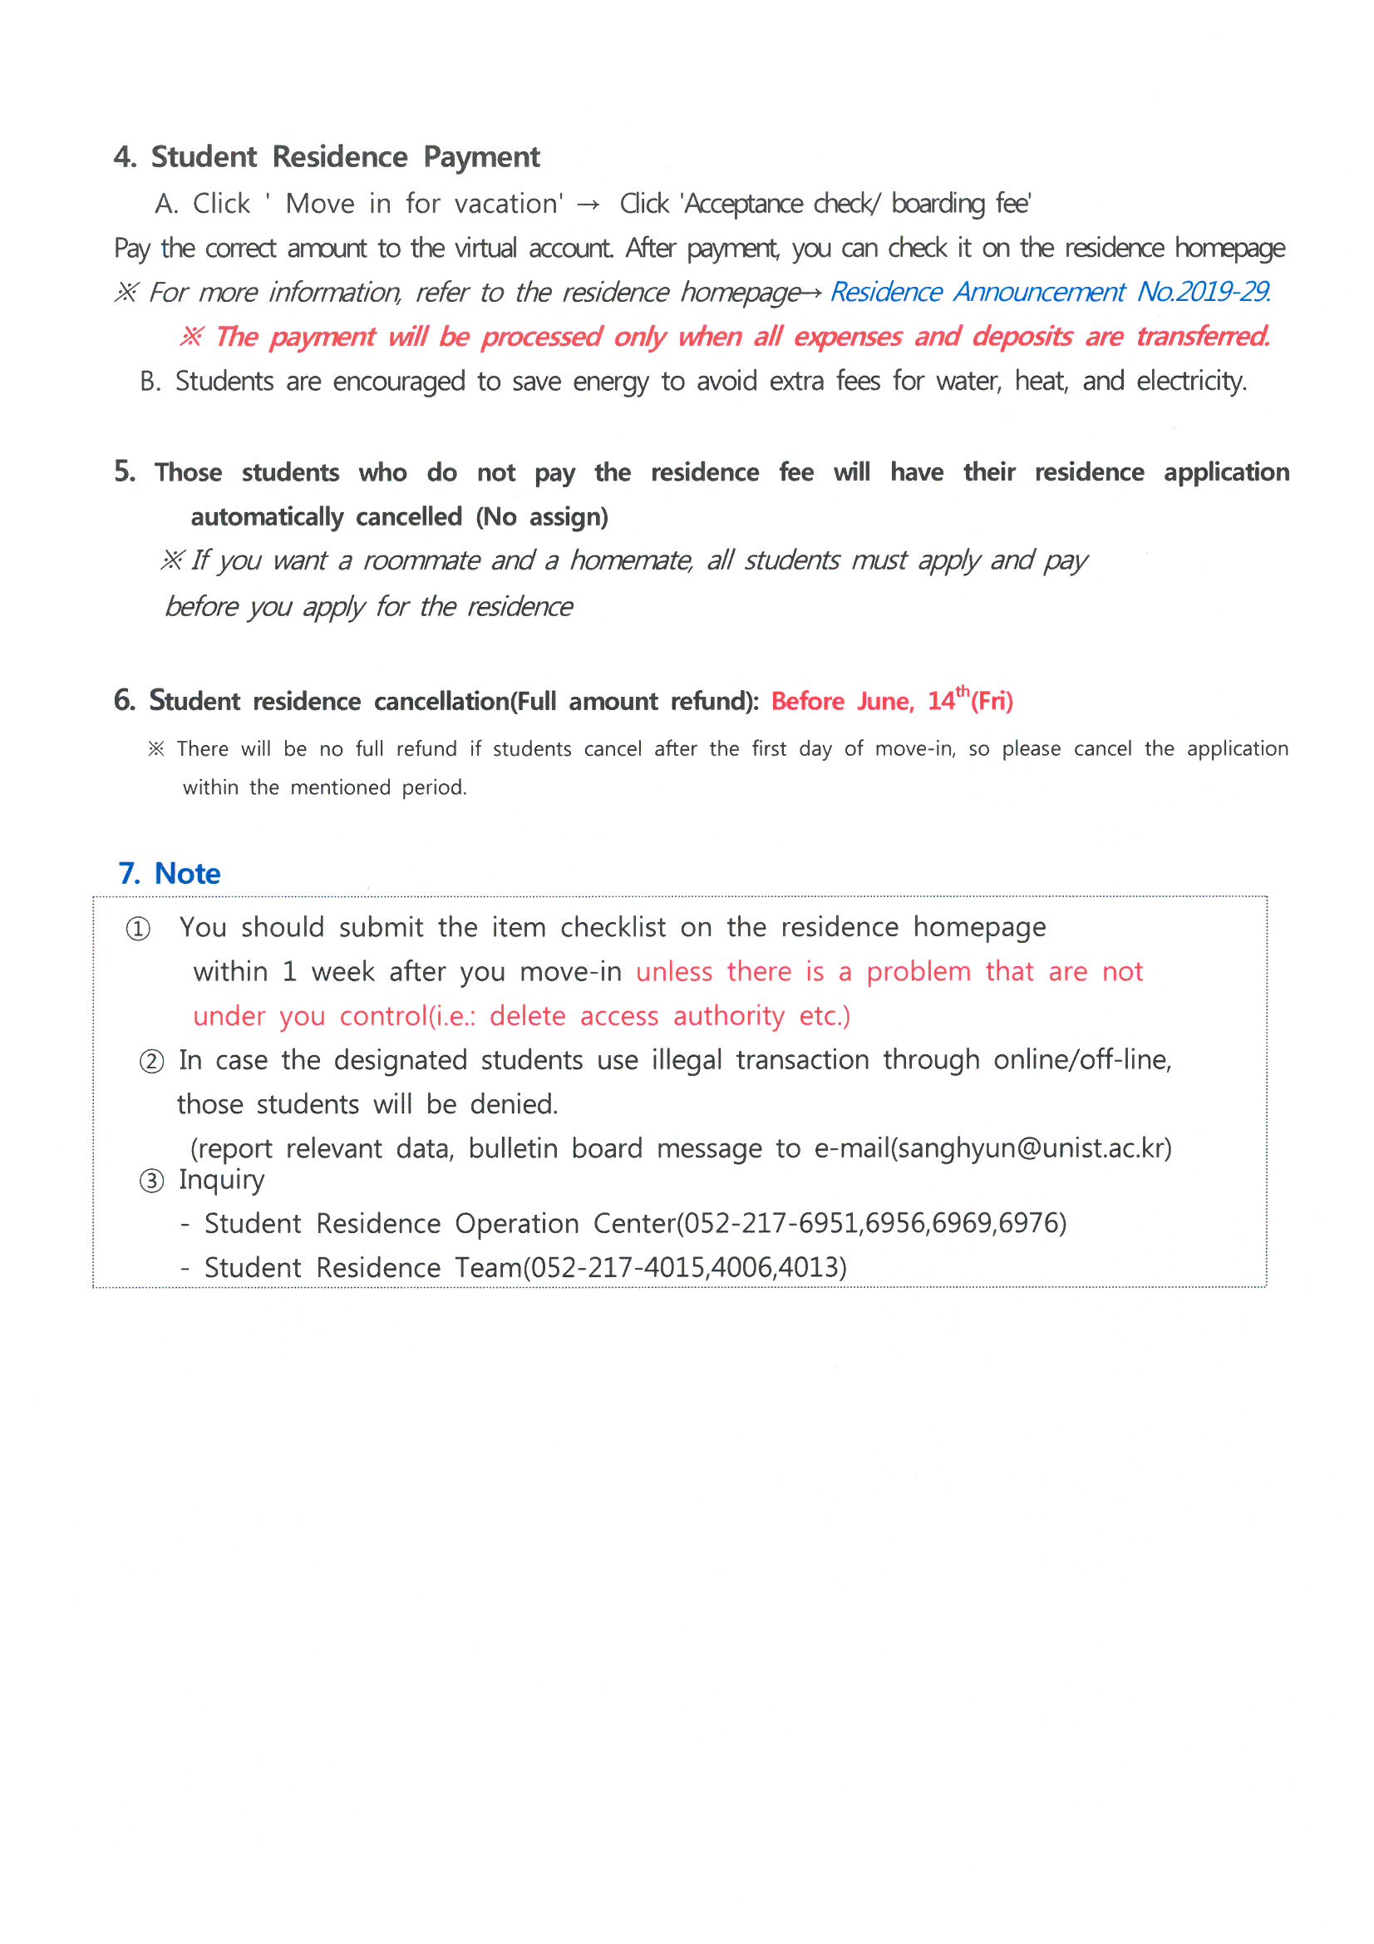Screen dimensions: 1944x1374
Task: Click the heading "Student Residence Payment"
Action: click(x=345, y=157)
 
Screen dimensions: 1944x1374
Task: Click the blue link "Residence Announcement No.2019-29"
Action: click(x=1050, y=292)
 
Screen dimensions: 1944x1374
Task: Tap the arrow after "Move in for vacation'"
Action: click(x=589, y=205)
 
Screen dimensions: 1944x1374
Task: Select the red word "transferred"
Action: click(x=1202, y=337)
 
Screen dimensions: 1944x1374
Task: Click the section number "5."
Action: click(x=125, y=471)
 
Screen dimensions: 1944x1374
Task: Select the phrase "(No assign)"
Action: click(x=542, y=517)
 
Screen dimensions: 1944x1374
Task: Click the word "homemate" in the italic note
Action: click(x=632, y=560)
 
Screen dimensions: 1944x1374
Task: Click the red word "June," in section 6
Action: click(x=885, y=702)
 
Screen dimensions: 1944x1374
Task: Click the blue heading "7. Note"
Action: click(x=170, y=873)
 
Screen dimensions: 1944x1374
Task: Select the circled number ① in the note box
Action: click(x=138, y=929)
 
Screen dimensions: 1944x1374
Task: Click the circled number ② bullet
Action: click(x=151, y=1061)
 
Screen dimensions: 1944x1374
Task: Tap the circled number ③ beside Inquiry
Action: click(x=151, y=1182)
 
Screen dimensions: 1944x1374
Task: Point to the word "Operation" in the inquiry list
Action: click(x=517, y=1224)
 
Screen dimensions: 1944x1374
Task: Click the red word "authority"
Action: click(x=729, y=1016)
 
